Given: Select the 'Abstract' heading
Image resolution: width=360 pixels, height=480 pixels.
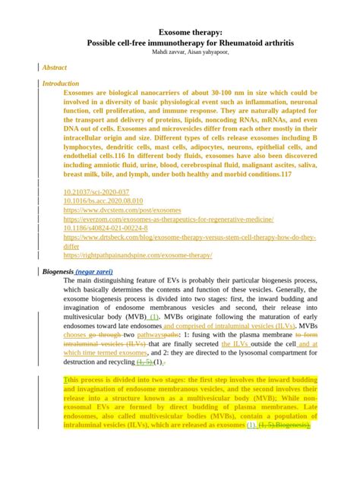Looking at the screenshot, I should [x=55, y=68].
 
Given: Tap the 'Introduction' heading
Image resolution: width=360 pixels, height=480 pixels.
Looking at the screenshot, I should [x=61, y=84].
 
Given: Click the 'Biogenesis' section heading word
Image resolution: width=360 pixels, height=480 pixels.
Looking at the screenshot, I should [x=58, y=271].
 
